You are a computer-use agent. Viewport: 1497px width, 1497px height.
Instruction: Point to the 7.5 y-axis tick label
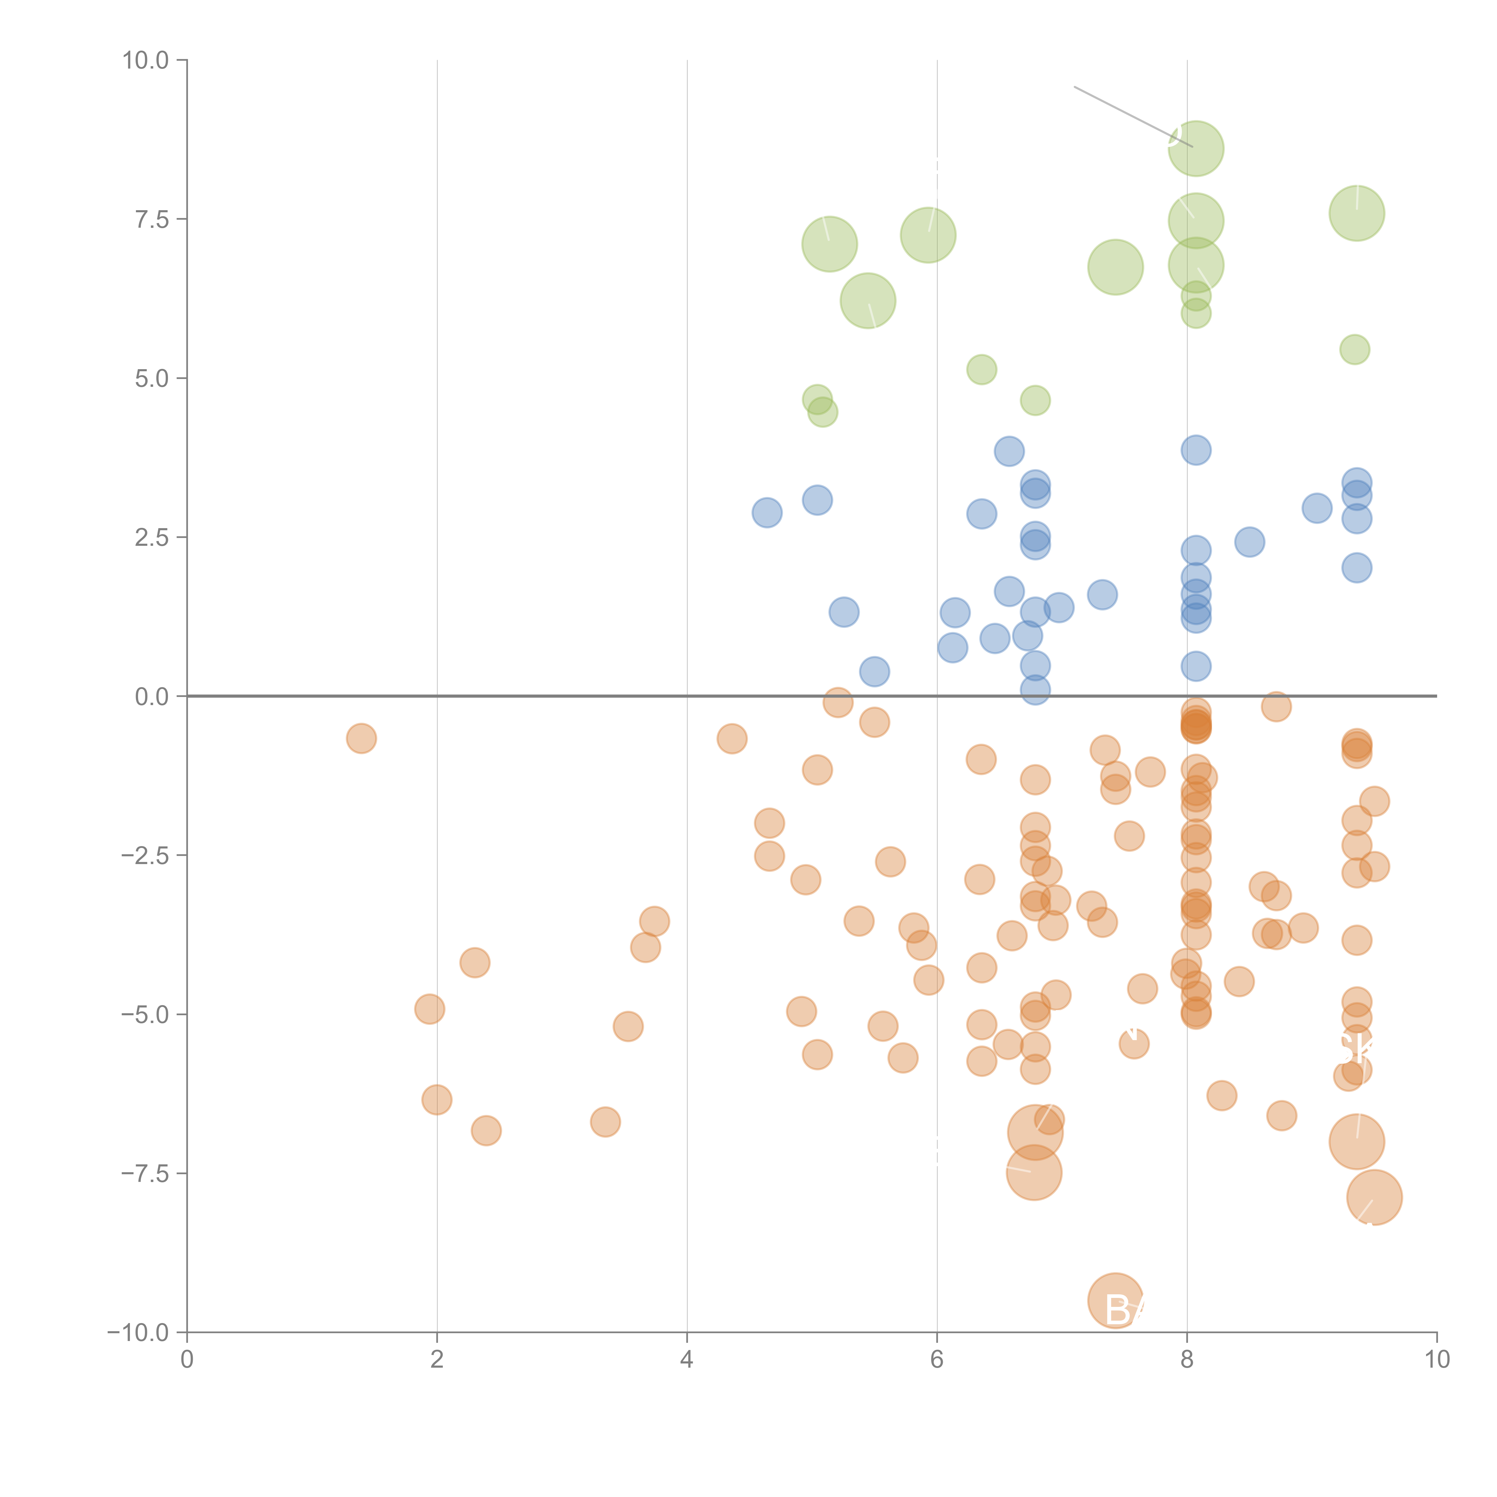[152, 219]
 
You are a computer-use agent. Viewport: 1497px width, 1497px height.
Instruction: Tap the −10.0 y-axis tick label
[138, 1333]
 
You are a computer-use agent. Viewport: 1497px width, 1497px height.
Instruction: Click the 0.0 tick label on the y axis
[152, 697]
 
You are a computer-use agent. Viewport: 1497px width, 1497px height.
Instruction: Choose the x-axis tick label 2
[437, 1360]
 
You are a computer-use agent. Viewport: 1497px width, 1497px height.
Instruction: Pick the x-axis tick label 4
[687, 1360]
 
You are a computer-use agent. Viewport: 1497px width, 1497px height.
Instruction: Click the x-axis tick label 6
[937, 1360]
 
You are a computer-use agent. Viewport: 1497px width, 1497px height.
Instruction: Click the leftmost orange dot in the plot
[361, 738]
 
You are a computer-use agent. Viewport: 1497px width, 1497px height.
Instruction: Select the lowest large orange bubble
[1115, 1300]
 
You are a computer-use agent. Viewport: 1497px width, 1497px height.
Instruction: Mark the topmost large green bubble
[1196, 149]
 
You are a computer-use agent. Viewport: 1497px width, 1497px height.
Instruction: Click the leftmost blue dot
[766, 512]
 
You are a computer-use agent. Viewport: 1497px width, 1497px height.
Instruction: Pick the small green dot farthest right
[1354, 349]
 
